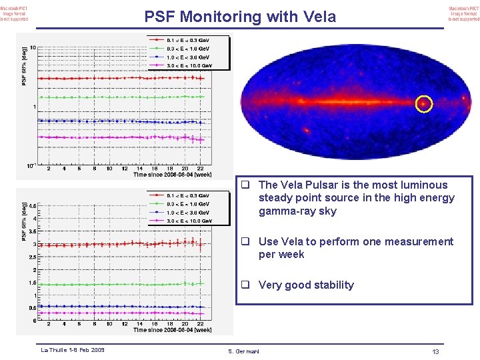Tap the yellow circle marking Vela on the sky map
[424, 104]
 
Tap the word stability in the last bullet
[331, 285]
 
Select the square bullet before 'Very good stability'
[245, 285]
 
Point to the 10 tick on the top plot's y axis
[33, 47]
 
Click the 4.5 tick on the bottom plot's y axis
[31, 206]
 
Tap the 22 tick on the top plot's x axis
[200, 169]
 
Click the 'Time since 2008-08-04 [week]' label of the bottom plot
[172, 330]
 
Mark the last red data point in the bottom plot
[201, 244]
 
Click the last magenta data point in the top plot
[201, 139]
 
